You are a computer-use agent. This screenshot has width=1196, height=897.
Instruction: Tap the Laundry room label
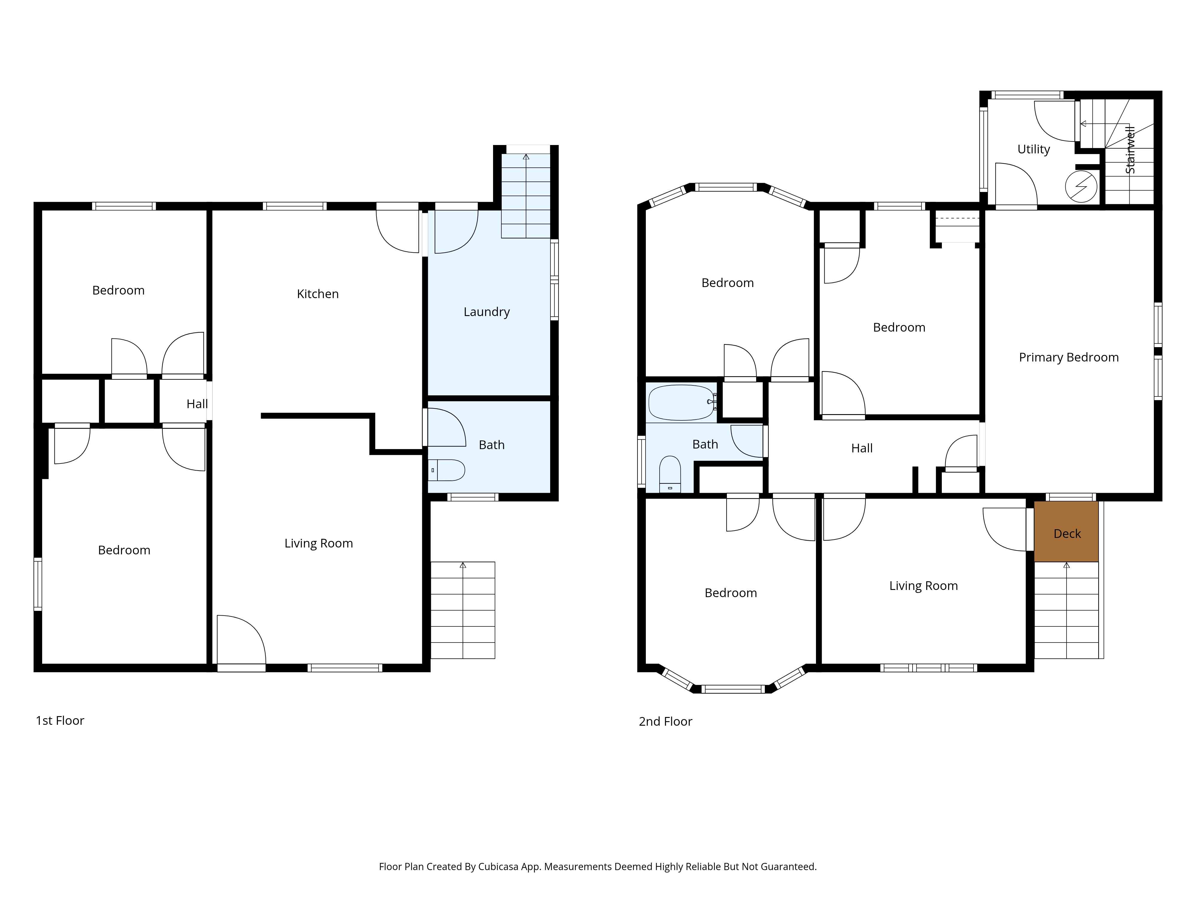pos(486,312)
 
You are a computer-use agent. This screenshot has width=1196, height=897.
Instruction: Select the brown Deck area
pos(1066,532)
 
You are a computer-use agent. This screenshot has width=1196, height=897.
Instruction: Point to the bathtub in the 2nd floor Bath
pos(682,402)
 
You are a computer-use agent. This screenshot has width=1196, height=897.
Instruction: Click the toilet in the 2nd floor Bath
pos(670,474)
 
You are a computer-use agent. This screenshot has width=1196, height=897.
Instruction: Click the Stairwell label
pos(1130,150)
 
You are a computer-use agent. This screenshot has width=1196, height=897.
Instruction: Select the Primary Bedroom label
pos(1068,357)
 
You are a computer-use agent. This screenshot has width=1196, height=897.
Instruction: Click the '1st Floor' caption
pos(60,721)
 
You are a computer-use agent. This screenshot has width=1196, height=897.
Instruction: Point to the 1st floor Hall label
pos(197,404)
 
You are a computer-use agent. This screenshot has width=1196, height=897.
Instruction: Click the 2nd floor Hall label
pos(862,448)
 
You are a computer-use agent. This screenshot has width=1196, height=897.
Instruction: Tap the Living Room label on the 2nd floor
pos(924,586)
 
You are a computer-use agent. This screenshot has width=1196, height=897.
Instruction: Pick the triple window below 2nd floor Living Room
pos(928,668)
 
